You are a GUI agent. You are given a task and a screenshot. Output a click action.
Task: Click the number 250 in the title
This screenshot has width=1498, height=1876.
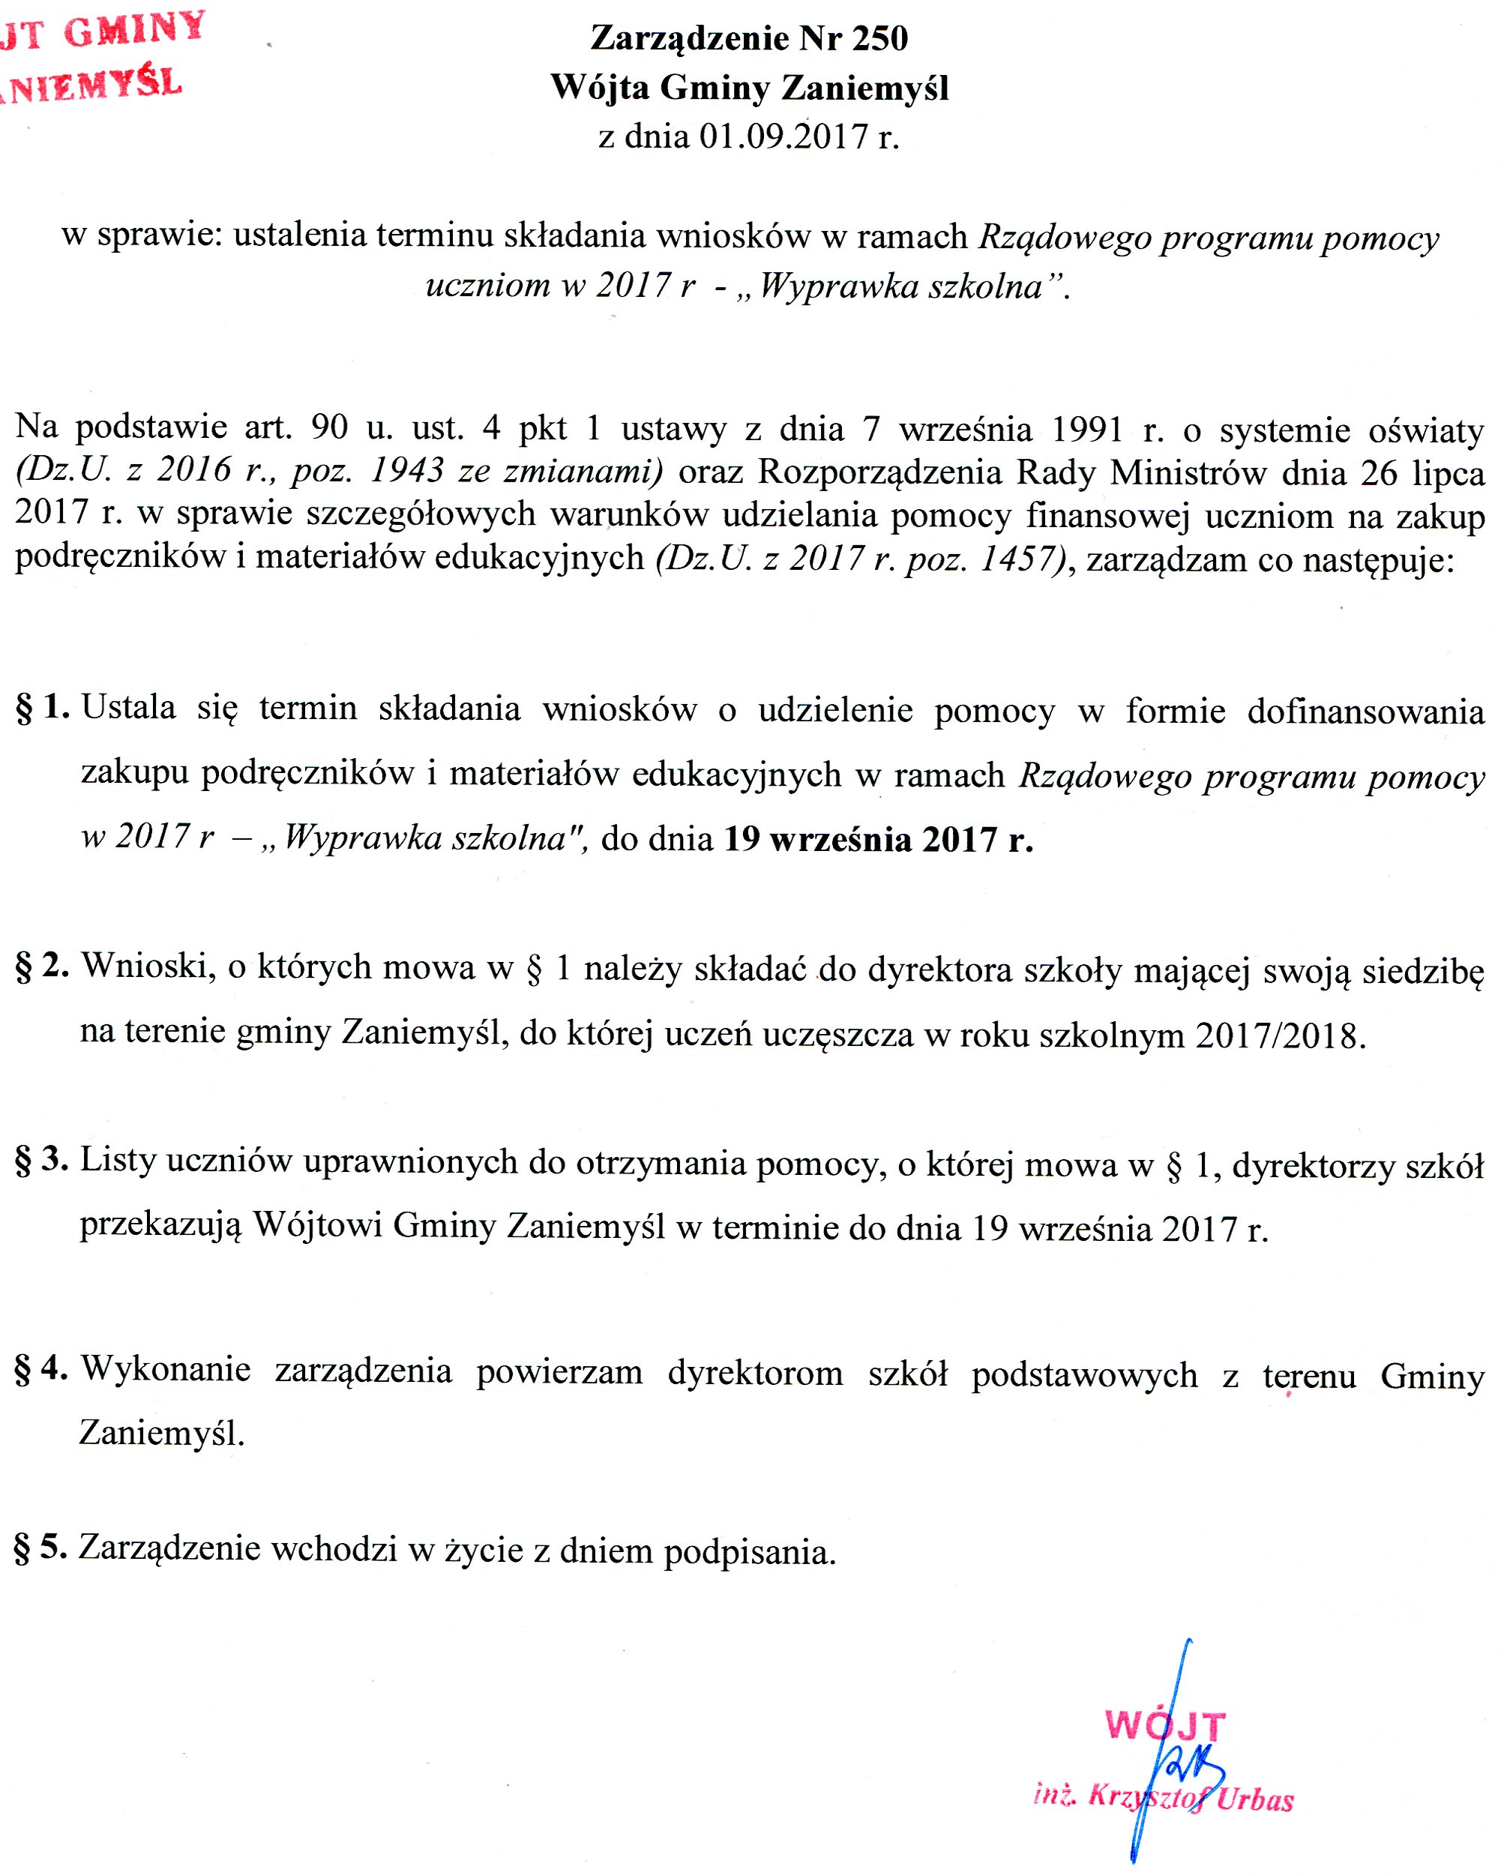pyautogui.click(x=879, y=38)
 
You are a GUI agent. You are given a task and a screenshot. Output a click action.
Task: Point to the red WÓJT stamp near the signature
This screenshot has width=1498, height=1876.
pyautogui.click(x=1165, y=1725)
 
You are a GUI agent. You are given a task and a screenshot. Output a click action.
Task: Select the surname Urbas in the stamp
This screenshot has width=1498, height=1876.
pyautogui.click(x=1254, y=1799)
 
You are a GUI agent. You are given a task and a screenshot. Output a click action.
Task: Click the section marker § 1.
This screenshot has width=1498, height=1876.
pyautogui.click(x=43, y=707)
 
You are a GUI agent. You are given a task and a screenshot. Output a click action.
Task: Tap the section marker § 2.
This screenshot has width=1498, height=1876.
pyautogui.click(x=43, y=966)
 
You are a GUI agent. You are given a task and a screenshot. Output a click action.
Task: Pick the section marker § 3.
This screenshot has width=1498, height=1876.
pyautogui.click(x=42, y=1160)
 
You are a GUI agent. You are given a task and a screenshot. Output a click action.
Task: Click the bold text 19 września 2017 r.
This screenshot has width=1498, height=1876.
pyautogui.click(x=879, y=839)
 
